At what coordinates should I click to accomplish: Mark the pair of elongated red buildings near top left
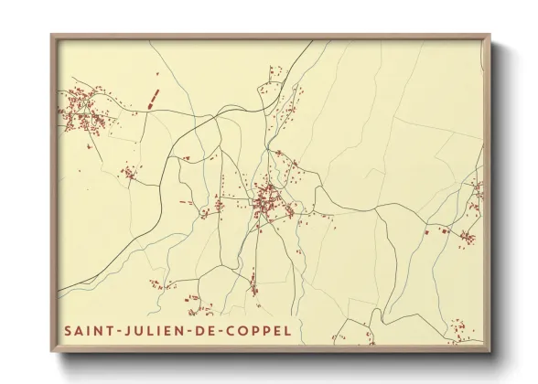(152, 99)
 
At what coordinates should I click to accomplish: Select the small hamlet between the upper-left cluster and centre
(131, 174)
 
